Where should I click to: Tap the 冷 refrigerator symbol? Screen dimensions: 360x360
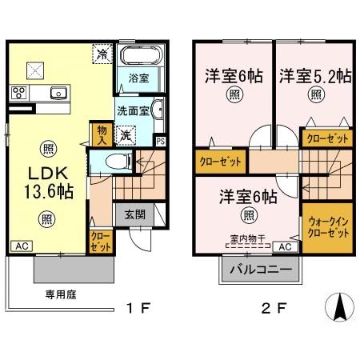click(x=104, y=54)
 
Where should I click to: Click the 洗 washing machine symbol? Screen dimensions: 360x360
click(x=126, y=136)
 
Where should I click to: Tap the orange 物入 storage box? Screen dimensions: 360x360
click(x=102, y=134)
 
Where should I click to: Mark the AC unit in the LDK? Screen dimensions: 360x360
click(x=20, y=247)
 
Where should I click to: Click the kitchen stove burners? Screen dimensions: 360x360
click(x=18, y=94)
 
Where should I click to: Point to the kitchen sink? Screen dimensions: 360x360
click(x=58, y=94)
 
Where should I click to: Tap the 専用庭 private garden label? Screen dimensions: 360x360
click(x=61, y=294)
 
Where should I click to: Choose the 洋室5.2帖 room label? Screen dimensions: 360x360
click(x=314, y=77)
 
